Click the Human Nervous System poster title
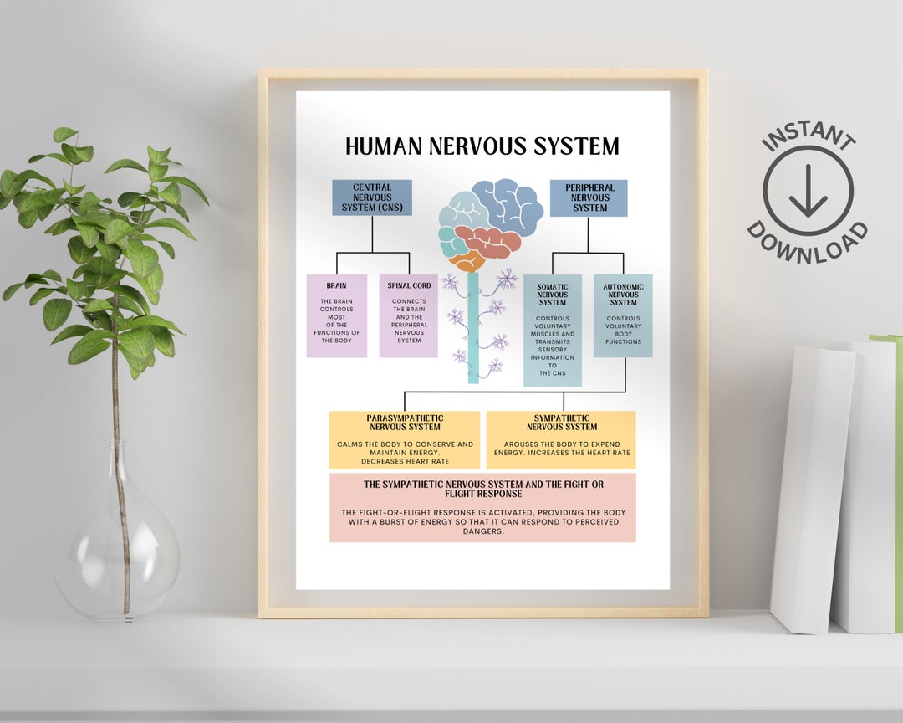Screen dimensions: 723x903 coord(482,146)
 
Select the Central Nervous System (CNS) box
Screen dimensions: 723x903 coord(372,198)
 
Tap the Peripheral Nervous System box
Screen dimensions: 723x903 coord(588,198)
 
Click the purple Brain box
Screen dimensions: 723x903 coord(337,315)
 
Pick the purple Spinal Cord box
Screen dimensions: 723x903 coord(409,315)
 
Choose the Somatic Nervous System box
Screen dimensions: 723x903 coord(553,331)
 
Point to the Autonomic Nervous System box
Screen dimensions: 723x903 coord(623,315)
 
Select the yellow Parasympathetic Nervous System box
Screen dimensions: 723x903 coord(405,439)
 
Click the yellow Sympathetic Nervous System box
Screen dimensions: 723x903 coord(561,439)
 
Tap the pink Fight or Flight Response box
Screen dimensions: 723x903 coord(482,508)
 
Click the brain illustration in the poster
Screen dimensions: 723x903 coord(490,222)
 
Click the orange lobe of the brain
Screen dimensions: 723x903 coord(465,260)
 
